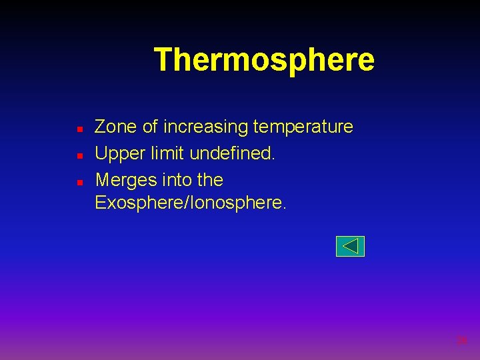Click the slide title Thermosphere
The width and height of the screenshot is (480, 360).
264,60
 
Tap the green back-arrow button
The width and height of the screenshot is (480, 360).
350,246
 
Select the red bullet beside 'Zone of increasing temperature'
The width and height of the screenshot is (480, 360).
79,127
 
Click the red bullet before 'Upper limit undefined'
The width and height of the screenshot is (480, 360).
79,155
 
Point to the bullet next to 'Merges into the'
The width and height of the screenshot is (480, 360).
79,181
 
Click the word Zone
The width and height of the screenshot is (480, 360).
116,127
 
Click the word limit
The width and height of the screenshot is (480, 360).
166,154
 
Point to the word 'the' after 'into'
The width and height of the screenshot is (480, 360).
209,181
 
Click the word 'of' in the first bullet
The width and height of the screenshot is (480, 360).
150,127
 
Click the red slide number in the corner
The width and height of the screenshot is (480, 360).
461,341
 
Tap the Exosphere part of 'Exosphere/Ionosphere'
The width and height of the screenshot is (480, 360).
139,203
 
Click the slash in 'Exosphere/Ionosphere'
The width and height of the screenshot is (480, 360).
187,203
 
